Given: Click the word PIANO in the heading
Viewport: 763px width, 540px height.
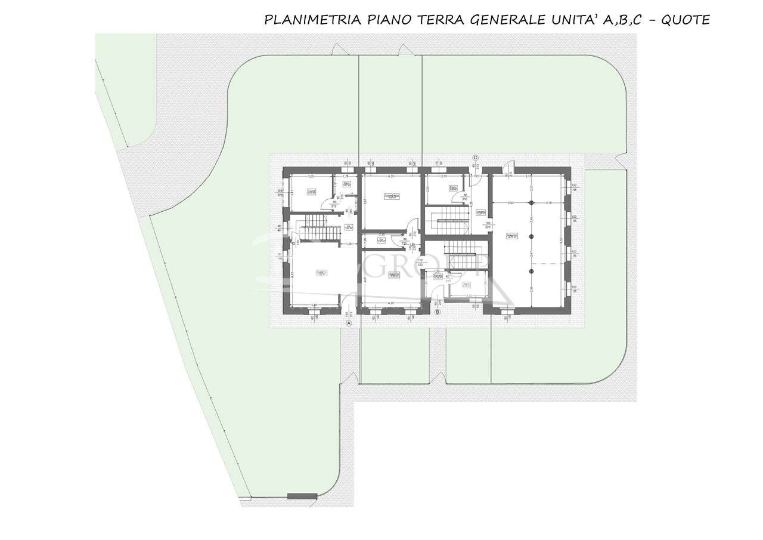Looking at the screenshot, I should (x=387, y=20).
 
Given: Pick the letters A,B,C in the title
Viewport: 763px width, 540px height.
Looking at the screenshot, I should (x=622, y=20).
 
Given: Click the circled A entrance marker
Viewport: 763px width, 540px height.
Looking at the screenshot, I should (x=350, y=323).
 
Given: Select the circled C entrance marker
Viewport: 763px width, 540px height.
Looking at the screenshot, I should (x=475, y=158).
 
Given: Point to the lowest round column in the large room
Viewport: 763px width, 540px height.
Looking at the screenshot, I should (x=531, y=271).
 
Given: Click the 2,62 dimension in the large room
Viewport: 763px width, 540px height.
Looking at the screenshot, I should (x=511, y=203).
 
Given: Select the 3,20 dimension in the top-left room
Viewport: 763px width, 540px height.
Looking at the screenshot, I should (x=310, y=177).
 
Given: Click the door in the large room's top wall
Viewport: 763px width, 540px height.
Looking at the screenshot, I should (x=506, y=168).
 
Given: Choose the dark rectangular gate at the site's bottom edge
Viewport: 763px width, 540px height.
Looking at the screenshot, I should (x=302, y=496).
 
